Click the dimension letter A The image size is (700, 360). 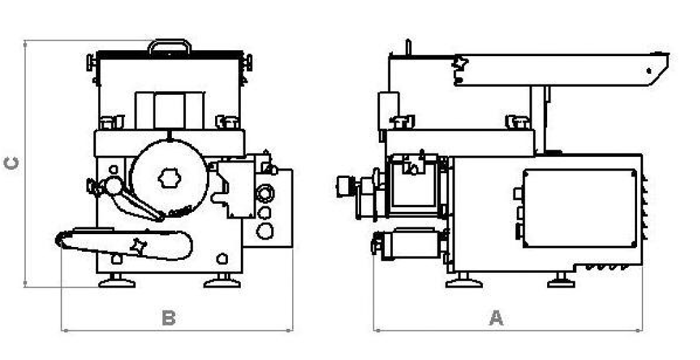click(x=496, y=318)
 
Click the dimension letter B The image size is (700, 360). click(x=168, y=318)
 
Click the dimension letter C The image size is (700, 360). click(x=11, y=163)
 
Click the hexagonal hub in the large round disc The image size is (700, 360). click(x=169, y=178)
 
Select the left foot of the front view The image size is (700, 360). click(x=116, y=282)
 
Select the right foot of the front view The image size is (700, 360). click(x=222, y=282)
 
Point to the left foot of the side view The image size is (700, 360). click(x=464, y=281)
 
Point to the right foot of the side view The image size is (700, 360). click(x=561, y=281)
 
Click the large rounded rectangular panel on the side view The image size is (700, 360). click(x=580, y=208)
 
